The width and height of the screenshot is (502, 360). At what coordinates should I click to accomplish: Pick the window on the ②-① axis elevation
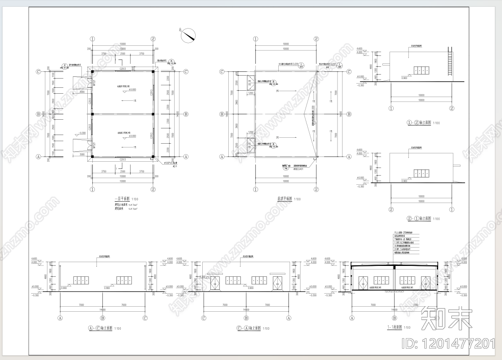tap(421, 173)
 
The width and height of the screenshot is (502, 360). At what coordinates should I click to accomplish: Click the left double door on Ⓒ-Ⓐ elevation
tap(215, 283)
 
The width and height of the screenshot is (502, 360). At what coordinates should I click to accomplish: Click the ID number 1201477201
tap(448, 344)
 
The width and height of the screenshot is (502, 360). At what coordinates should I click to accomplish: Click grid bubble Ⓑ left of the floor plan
tap(38, 114)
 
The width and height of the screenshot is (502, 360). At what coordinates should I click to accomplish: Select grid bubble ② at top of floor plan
tap(153, 39)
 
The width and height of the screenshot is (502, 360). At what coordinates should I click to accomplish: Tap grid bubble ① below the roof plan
tap(255, 189)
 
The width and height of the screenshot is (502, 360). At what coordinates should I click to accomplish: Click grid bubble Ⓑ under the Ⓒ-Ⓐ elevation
tap(246, 318)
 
